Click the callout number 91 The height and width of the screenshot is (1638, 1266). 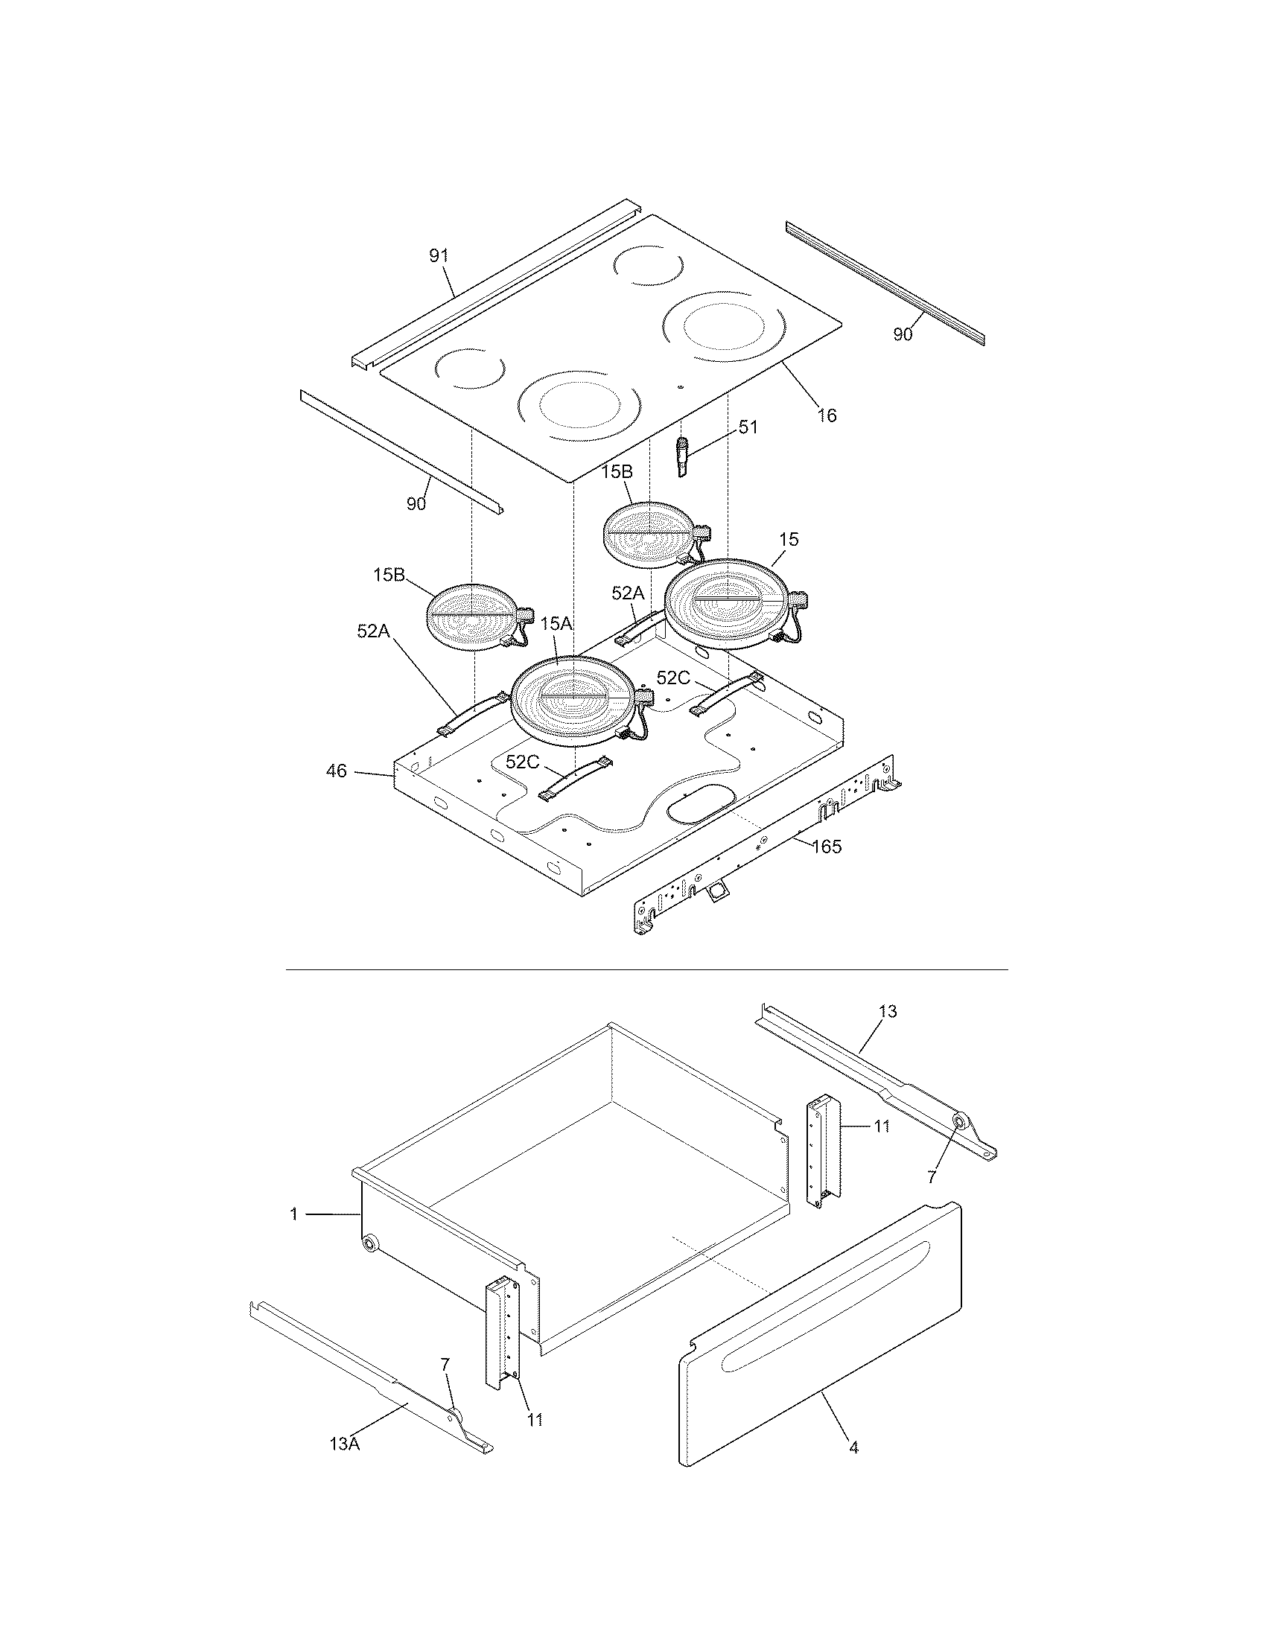click(x=439, y=255)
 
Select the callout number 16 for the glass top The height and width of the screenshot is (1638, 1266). click(x=827, y=415)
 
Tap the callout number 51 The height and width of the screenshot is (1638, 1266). click(x=748, y=427)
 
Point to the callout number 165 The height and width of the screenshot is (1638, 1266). click(x=827, y=847)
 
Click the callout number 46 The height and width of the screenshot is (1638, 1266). click(x=337, y=771)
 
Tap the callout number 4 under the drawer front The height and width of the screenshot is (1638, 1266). click(x=853, y=1447)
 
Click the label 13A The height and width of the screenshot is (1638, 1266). click(x=345, y=1444)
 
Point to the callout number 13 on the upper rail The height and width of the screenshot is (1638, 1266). click(x=887, y=1012)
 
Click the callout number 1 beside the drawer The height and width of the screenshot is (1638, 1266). click(x=294, y=1214)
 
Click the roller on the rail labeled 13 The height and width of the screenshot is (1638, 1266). click(x=959, y=1141)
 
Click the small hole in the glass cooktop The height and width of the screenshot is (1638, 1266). click(x=680, y=388)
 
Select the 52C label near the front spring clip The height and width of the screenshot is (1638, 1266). click(x=522, y=762)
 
